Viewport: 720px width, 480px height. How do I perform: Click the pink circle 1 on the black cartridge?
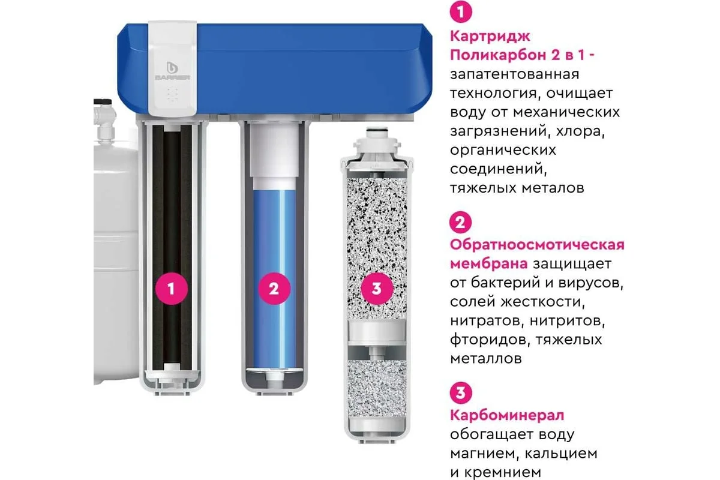[171, 289]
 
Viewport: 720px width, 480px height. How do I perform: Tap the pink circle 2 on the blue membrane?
[274, 289]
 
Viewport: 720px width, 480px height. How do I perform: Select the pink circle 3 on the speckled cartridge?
[377, 289]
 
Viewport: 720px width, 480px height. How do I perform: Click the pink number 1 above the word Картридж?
[461, 13]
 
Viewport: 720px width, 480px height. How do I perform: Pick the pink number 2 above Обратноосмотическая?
[461, 223]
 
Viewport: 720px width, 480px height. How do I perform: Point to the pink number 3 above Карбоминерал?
[461, 393]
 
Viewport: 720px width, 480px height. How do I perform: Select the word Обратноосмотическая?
[537, 245]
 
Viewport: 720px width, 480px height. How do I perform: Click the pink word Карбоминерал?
[507, 415]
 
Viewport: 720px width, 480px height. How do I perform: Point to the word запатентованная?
[514, 74]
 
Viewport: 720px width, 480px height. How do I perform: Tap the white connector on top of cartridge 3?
[377, 142]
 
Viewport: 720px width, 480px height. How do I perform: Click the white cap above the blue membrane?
[274, 150]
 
